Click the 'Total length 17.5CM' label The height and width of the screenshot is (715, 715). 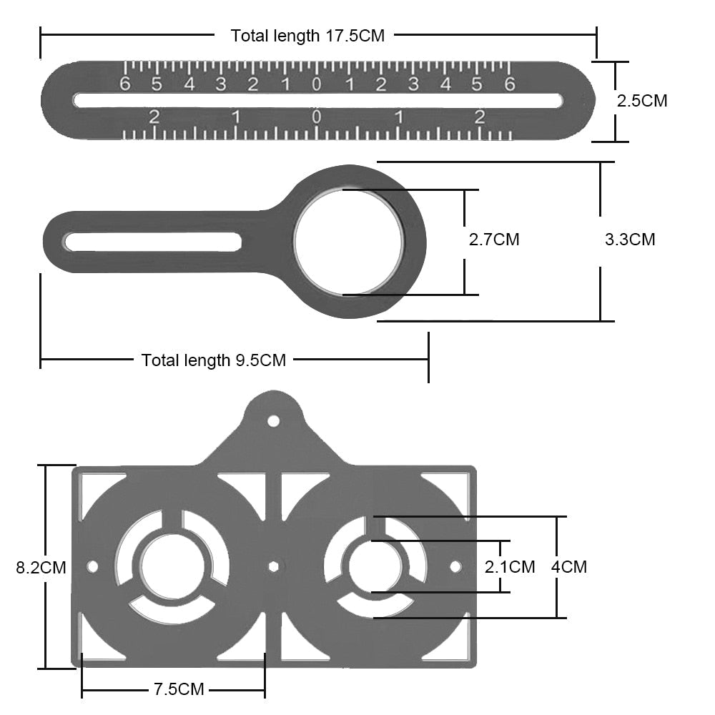[x=307, y=36]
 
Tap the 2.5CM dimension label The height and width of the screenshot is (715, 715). [x=642, y=101]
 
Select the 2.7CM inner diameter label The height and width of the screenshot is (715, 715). [x=494, y=240]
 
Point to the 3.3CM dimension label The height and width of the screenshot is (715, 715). [x=630, y=240]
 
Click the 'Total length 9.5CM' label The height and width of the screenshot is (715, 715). [x=213, y=360]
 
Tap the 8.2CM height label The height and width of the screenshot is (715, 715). [x=41, y=568]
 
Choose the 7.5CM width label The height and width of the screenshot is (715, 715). [x=179, y=689]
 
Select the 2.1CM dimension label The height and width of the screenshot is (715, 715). [x=510, y=567]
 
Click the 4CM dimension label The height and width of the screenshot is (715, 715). [x=569, y=567]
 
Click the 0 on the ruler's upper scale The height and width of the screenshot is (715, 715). [x=317, y=84]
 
